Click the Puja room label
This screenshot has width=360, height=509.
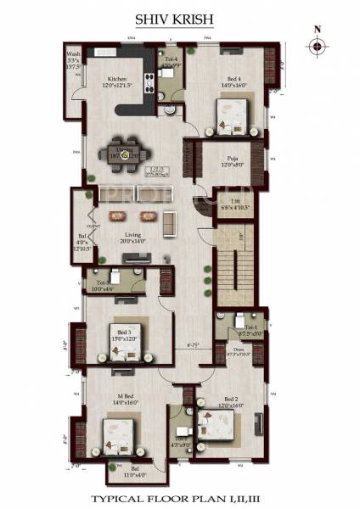coord(231,159)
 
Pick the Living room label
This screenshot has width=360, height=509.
coord(135,238)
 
